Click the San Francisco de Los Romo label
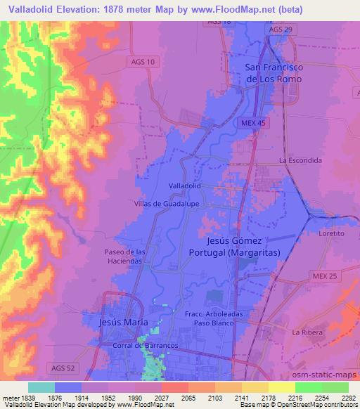(x=274, y=73)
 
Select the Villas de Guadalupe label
(x=164, y=203)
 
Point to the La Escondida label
(x=300, y=160)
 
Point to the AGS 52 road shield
(x=63, y=368)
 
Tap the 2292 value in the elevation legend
(x=348, y=397)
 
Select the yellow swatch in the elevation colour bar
(x=281, y=387)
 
